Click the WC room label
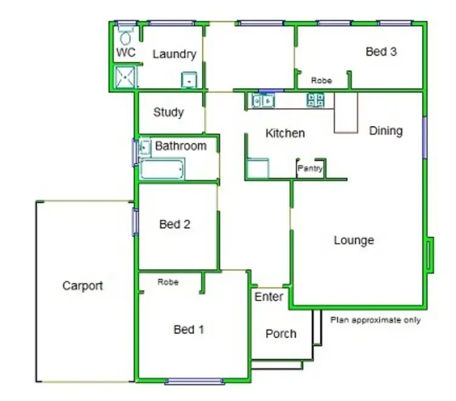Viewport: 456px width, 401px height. (x=126, y=53)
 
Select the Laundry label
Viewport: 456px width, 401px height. (x=174, y=54)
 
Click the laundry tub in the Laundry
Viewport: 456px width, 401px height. (x=190, y=80)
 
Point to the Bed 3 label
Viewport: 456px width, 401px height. (x=381, y=52)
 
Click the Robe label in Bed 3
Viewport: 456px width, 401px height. (x=321, y=80)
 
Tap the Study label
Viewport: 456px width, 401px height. (x=168, y=112)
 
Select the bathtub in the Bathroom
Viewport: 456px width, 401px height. (x=162, y=170)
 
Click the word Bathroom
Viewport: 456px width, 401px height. (x=181, y=146)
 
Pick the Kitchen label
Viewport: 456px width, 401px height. (x=285, y=133)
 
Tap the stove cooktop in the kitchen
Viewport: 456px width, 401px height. (x=316, y=100)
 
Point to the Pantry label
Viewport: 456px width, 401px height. (x=310, y=169)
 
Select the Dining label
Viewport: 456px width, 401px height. (x=386, y=131)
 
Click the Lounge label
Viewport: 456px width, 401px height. (x=354, y=241)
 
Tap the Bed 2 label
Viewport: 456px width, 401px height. (x=174, y=224)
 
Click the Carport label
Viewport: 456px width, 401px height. (x=83, y=286)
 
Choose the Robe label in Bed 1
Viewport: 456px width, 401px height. (x=167, y=282)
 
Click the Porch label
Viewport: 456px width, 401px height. (x=281, y=334)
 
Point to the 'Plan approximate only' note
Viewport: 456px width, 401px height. (x=375, y=320)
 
